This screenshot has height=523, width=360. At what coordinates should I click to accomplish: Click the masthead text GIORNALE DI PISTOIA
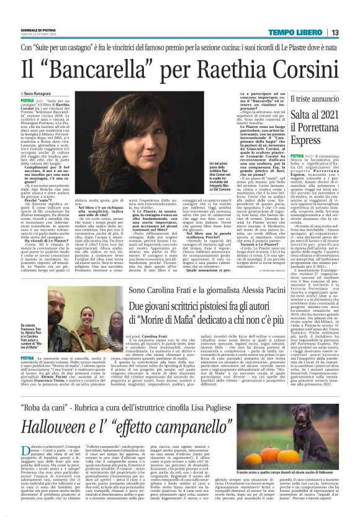tap(38, 29)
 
